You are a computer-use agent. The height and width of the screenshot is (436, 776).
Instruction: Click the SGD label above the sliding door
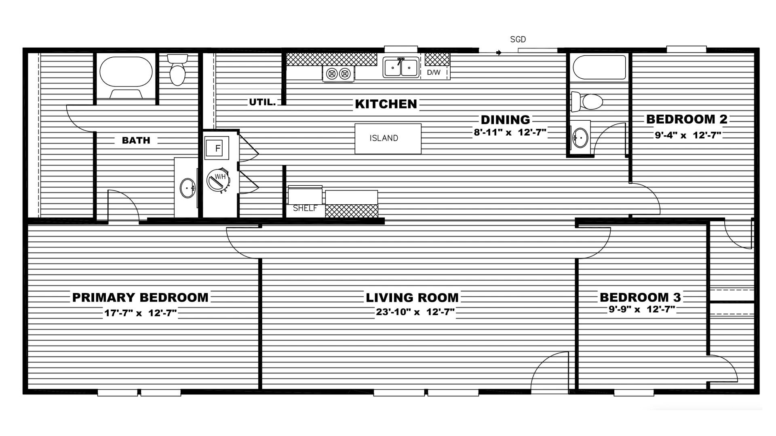point(518,40)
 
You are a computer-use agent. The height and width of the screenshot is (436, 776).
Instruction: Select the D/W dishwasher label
point(434,73)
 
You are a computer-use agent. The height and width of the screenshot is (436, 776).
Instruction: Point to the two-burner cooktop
point(338,73)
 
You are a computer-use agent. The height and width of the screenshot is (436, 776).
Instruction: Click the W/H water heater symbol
point(218,179)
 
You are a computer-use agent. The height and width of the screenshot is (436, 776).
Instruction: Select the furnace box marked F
point(217,148)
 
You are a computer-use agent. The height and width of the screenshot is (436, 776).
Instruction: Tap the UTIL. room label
point(262,102)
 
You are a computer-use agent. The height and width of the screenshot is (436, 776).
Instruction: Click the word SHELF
point(305,208)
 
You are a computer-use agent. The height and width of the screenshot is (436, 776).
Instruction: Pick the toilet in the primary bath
point(177,70)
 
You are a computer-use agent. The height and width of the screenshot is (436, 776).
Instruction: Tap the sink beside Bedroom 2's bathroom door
point(580,138)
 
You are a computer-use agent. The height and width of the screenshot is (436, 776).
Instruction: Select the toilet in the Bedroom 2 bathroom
point(588,102)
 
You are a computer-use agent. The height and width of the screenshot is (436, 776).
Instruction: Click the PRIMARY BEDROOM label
point(140,298)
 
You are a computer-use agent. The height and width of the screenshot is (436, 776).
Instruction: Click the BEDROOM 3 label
point(640,298)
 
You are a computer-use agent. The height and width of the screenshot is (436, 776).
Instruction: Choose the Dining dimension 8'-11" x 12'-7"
point(510,132)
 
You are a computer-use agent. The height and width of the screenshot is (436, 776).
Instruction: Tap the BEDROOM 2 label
point(687,119)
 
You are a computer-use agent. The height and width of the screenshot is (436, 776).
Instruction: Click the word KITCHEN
point(386,104)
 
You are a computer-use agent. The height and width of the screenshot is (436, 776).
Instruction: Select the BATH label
point(136,140)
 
